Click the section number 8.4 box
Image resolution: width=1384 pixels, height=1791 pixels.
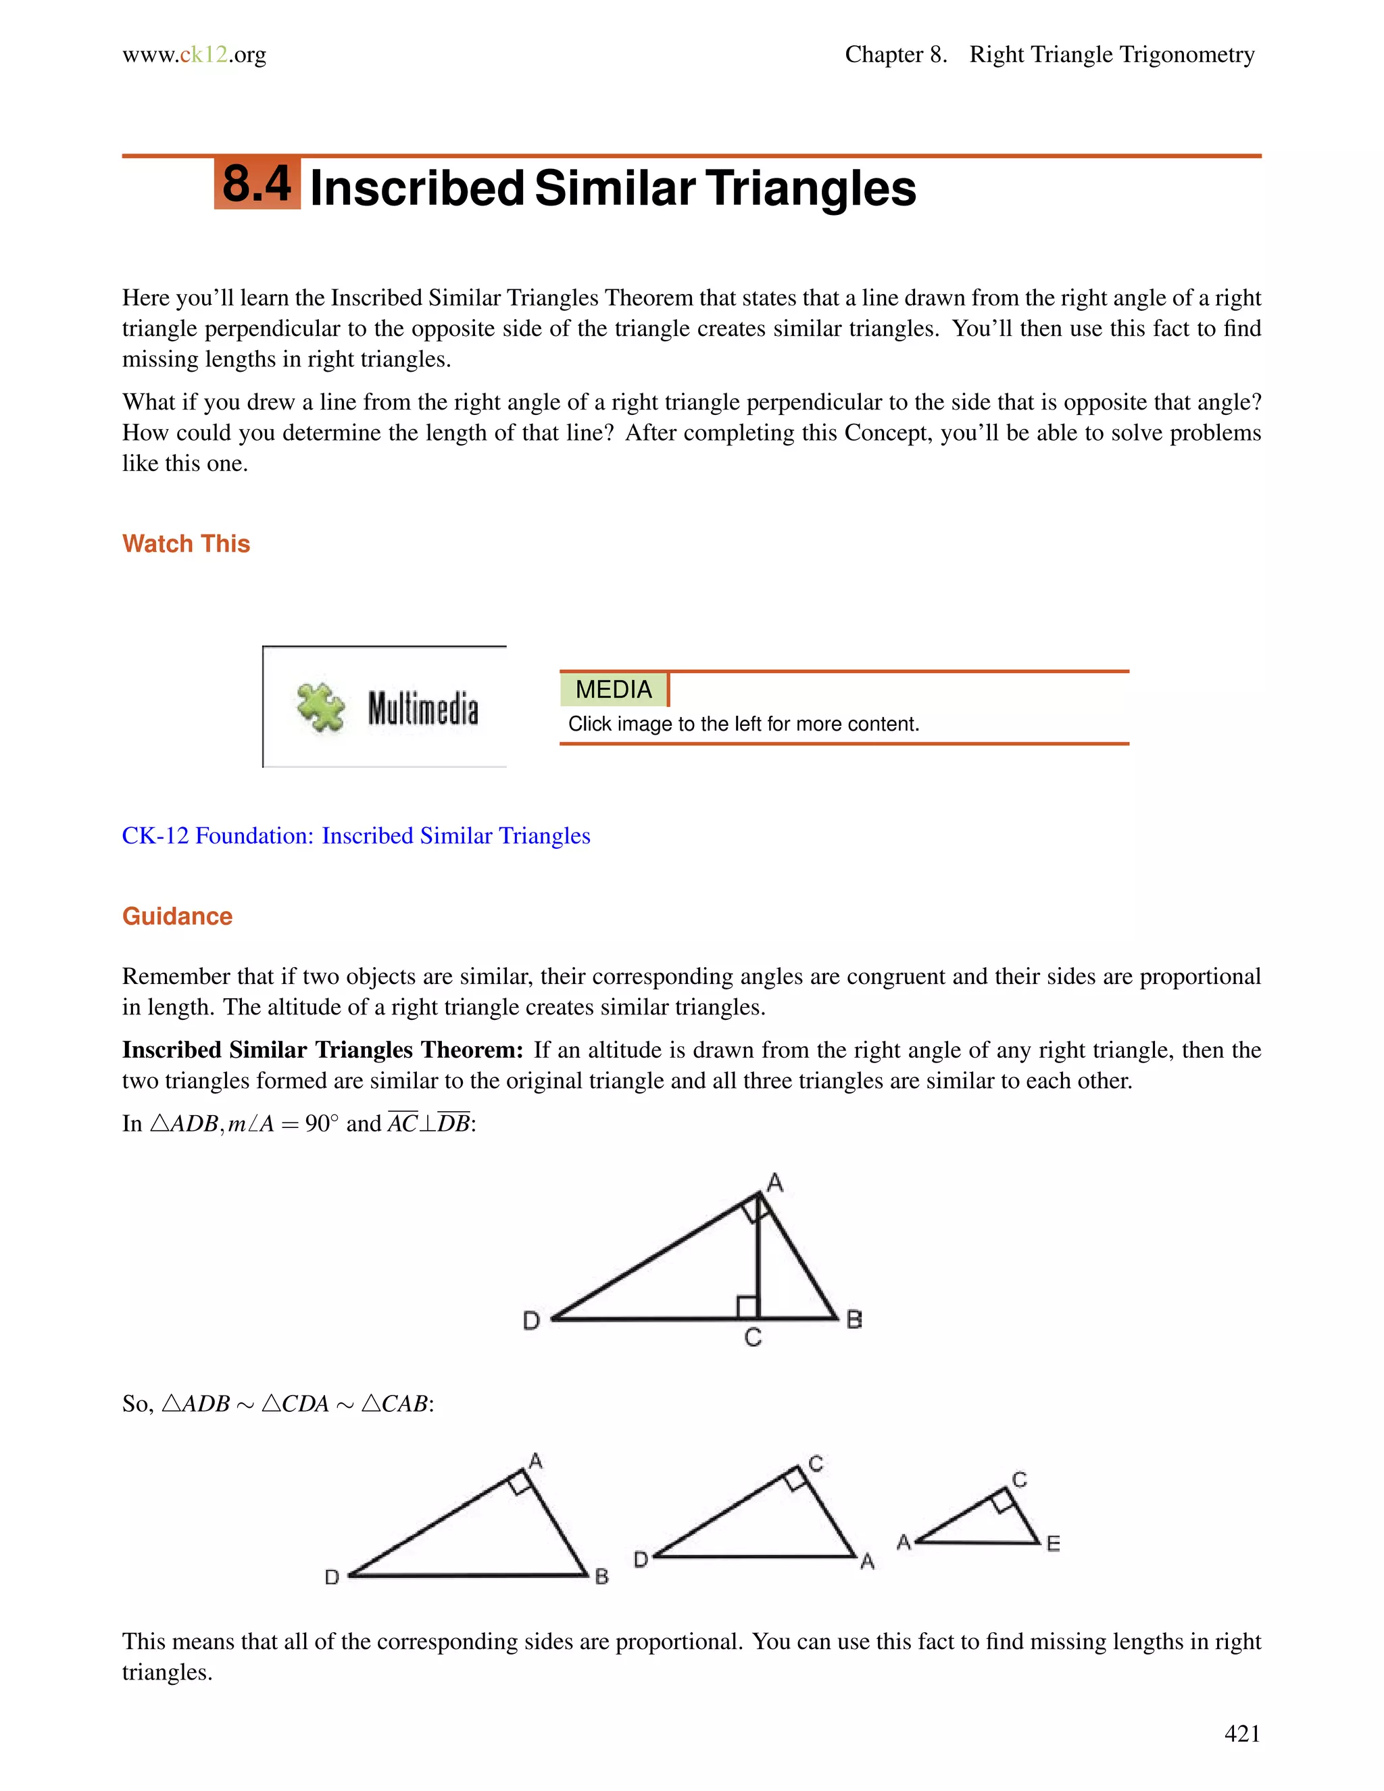257,184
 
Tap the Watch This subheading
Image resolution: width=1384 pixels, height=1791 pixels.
186,543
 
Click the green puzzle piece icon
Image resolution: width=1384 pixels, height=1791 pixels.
320,706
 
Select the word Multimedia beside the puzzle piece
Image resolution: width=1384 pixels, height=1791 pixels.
422,708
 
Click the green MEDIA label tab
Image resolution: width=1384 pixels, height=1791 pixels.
614,689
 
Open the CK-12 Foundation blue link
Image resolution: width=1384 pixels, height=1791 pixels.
356,835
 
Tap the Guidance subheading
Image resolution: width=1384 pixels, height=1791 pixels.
177,916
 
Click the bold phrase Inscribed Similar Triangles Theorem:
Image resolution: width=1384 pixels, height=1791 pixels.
322,1050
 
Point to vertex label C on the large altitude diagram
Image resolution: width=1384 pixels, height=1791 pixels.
753,1338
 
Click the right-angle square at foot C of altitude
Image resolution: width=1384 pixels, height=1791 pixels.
746,1306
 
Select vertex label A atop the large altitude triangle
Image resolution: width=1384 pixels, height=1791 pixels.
775,1183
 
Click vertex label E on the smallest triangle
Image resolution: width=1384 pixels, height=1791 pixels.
1054,1544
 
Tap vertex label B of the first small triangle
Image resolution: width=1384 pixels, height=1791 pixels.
602,1576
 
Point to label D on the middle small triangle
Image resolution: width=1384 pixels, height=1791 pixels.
641,1559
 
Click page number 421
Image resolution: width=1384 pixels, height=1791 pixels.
1241,1733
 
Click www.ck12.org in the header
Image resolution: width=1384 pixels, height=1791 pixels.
195,55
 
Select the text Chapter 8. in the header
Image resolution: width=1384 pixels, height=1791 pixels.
895,55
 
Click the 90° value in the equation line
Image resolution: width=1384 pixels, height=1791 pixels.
322,1123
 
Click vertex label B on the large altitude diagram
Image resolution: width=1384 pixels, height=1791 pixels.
854,1319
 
